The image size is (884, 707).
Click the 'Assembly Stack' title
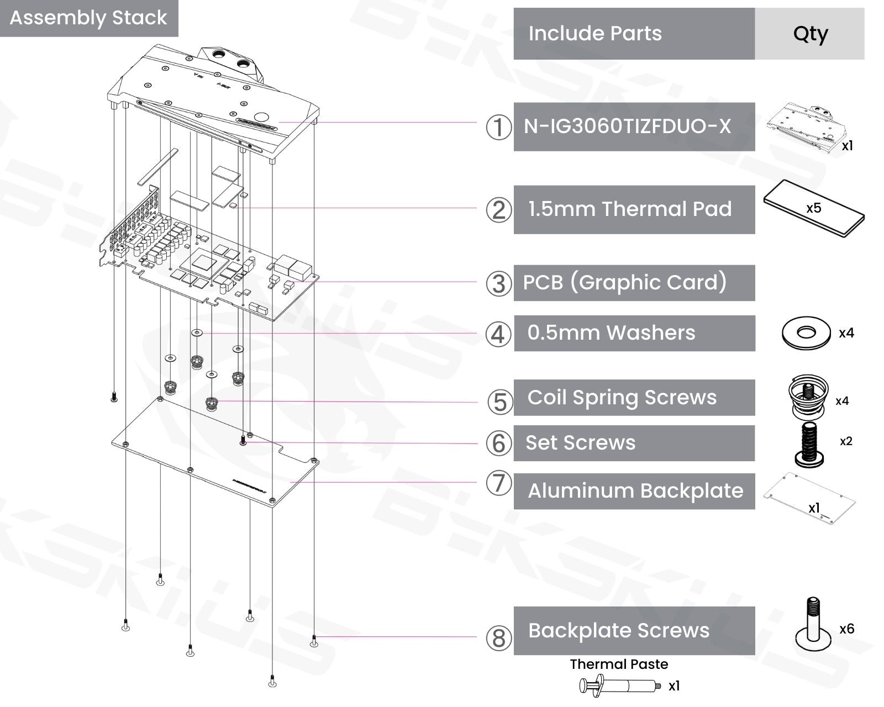click(x=88, y=18)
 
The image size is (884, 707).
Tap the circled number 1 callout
click(x=498, y=127)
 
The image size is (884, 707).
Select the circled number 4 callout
click(x=498, y=334)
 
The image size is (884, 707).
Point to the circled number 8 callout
click(x=498, y=638)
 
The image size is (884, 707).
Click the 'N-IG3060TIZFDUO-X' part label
click(x=627, y=126)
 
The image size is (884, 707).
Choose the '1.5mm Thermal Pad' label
click(x=630, y=209)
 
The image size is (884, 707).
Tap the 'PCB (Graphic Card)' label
click(x=624, y=283)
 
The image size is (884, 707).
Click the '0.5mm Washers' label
click(x=611, y=333)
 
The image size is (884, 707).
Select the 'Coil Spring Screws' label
click(x=622, y=398)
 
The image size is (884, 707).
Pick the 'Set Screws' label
click(x=581, y=443)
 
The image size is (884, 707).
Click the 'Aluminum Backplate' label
click(x=635, y=491)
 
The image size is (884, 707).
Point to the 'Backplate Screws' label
click(x=619, y=631)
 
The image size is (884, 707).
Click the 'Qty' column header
click(x=810, y=34)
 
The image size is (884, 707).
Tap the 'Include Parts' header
click(x=595, y=34)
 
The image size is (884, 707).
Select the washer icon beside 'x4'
click(x=806, y=333)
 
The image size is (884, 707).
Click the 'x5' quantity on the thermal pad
click(x=813, y=208)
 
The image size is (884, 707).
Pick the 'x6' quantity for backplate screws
click(x=846, y=629)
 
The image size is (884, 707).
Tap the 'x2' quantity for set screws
click(x=846, y=441)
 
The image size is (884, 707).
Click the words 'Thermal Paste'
click(x=619, y=664)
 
